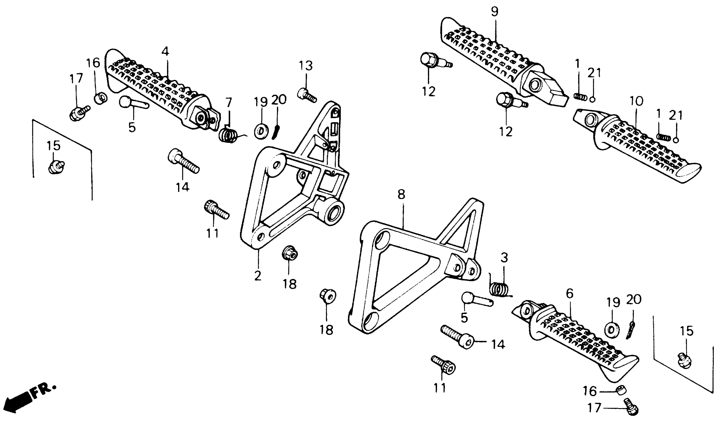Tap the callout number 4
pos(165,52)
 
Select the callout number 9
pos(495,11)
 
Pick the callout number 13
pos(306,66)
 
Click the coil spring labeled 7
pos(228,135)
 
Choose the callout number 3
pos(504,258)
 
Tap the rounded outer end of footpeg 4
pos(113,71)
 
